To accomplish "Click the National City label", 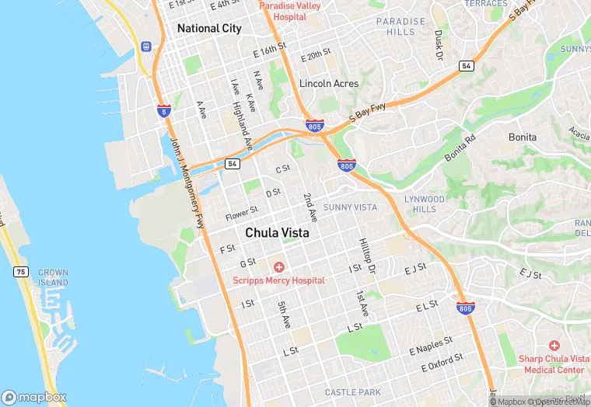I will pos(209,28).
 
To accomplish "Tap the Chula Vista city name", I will pos(277,232).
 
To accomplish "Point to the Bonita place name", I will pos(522,137).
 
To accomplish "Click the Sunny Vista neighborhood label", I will pos(350,207).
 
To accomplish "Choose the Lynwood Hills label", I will pos(425,204).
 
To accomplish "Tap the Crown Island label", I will pos(53,278).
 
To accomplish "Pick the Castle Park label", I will pos(353,392).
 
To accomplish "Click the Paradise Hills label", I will pos(400,26).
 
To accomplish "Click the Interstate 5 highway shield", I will pos(163,111).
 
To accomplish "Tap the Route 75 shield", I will pos(21,271).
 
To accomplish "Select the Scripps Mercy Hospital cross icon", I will pos(278,267).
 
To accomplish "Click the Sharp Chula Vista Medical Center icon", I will pos(554,345).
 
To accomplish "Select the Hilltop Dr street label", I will pos(367,256).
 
